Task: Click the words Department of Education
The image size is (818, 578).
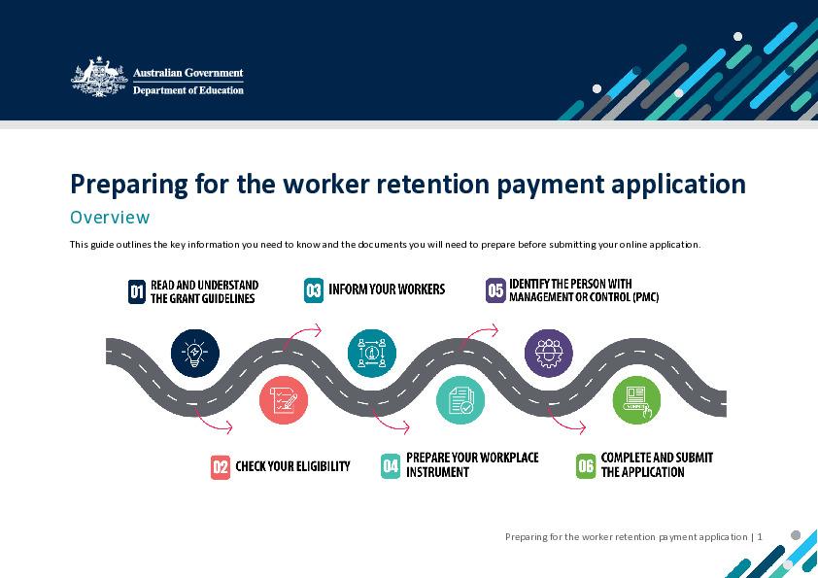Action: coord(187,89)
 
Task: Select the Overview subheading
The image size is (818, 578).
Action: coord(110,217)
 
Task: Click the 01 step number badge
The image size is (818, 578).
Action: coord(137,291)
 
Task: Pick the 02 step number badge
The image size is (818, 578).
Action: coord(221,467)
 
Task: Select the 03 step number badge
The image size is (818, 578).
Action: coord(314,289)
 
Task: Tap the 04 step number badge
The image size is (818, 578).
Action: coord(391,465)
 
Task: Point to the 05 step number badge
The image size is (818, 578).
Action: coord(495,290)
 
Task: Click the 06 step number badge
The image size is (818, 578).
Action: coord(586,465)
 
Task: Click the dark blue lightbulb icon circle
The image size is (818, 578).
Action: coord(195,353)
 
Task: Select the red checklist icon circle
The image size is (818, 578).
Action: coord(284,400)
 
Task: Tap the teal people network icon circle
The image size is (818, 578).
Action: coord(372,353)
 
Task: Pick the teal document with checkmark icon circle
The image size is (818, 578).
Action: coord(460,400)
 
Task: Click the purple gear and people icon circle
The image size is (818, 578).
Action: coord(549,353)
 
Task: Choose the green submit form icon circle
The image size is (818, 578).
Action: coord(636,400)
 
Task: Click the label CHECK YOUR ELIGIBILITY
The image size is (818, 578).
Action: coord(292,466)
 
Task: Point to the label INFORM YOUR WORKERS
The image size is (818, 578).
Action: coord(387,289)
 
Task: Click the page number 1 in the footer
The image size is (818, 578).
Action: coord(760,536)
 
